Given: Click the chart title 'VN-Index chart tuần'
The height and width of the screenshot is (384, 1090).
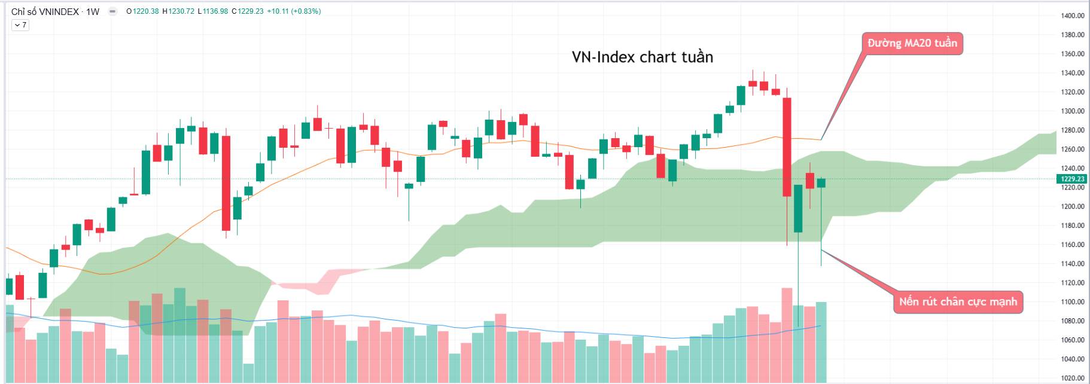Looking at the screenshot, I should [x=642, y=57].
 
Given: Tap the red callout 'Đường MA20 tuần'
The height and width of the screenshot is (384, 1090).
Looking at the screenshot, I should [x=912, y=43].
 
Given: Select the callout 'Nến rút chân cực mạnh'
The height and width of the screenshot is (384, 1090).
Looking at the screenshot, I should [x=957, y=301].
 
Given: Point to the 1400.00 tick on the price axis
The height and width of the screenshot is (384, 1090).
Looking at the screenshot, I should [x=1072, y=16].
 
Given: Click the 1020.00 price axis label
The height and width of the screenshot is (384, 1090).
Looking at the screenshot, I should [x=1072, y=378].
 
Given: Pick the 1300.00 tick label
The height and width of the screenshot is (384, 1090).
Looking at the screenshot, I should [x=1072, y=111].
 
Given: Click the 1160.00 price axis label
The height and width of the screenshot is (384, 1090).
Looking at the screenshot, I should [x=1072, y=245].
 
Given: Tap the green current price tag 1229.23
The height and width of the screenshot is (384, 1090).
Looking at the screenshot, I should [x=1072, y=179].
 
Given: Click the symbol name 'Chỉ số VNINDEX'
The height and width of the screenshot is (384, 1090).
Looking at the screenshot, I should [x=45, y=11].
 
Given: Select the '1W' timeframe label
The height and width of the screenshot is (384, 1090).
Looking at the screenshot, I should [x=93, y=11].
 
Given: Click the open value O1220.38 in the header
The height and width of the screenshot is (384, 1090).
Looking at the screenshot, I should [x=142, y=11].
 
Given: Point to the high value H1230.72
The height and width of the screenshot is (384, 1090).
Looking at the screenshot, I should [x=178, y=11].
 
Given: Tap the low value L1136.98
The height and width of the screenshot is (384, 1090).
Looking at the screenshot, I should [x=212, y=11].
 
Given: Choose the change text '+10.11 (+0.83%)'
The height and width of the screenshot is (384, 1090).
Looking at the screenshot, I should [x=293, y=11].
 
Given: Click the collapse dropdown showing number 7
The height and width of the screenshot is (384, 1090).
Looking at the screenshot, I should [x=20, y=25].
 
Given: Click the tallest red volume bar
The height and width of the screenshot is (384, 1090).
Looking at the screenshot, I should [x=786, y=335].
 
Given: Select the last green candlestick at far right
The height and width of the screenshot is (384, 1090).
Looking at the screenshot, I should [x=821, y=182].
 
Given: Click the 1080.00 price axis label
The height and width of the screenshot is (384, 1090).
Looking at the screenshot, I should [x=1072, y=321].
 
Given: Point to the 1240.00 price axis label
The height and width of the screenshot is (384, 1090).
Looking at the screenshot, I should [x=1072, y=169].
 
